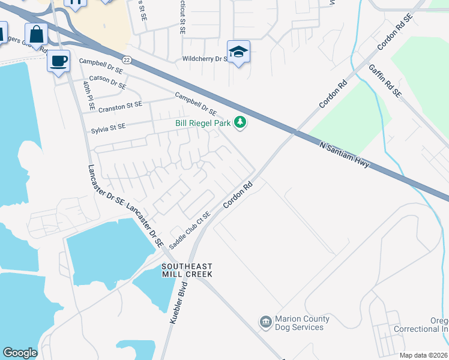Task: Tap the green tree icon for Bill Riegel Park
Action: (x=240, y=122)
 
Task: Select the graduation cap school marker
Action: (x=238, y=52)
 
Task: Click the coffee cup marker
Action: (x=58, y=61)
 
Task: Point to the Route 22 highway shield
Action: (x=126, y=59)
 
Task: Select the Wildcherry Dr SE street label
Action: (x=207, y=59)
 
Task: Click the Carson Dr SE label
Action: (x=107, y=82)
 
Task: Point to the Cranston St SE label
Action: (x=120, y=106)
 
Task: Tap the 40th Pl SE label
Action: (x=88, y=97)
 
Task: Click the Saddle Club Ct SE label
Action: (x=190, y=230)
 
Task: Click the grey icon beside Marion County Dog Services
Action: (x=265, y=323)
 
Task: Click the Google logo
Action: (x=20, y=353)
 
